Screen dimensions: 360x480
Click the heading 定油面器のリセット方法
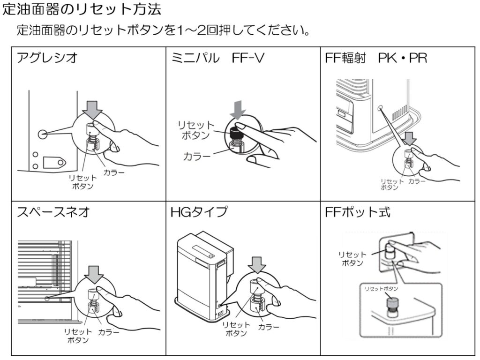(82, 9)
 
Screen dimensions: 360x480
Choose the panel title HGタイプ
(199, 212)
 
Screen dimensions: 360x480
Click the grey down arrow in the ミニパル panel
(239, 109)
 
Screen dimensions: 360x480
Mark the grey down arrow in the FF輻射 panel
(410, 138)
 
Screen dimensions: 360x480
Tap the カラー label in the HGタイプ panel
(269, 326)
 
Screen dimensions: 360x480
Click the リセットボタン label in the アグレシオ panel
(83, 182)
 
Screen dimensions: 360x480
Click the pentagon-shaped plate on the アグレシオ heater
(54, 162)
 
